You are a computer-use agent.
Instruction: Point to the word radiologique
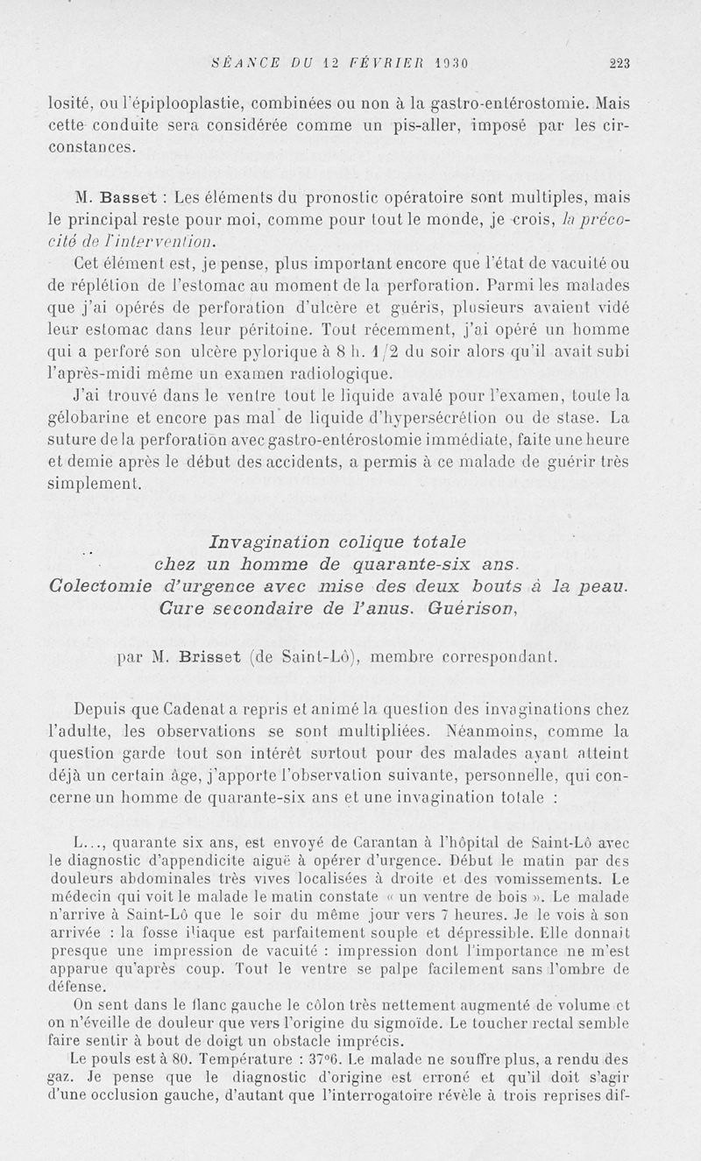[342, 374]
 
